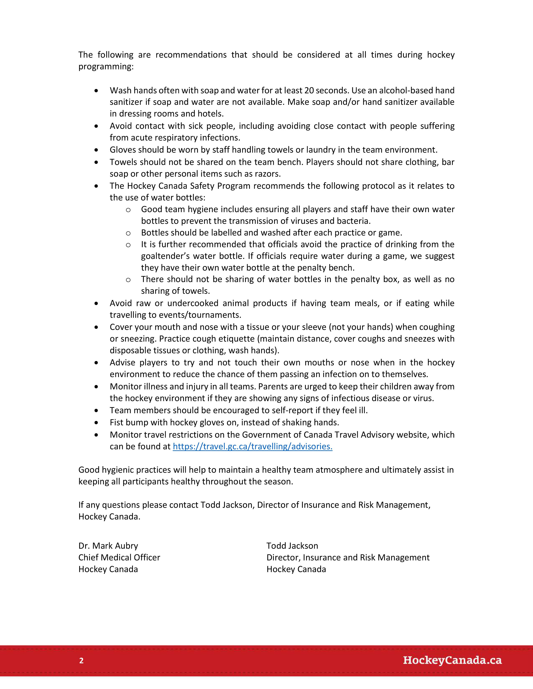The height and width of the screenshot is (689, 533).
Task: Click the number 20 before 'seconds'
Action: click(309, 91)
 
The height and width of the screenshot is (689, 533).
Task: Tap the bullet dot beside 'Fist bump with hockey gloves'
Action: click(97, 422)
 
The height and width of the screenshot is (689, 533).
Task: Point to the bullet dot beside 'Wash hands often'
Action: click(97, 91)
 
